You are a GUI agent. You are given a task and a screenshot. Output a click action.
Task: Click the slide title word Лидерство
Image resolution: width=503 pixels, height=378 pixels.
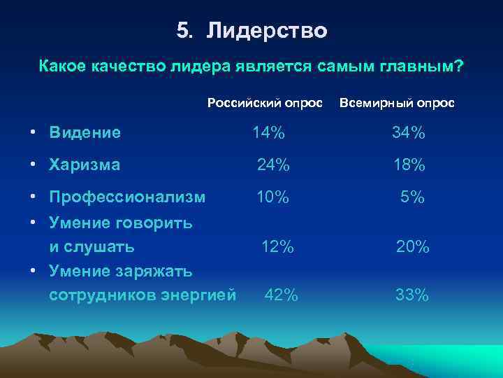268,31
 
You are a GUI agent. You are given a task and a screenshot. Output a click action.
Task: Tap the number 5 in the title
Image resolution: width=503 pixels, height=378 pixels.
183,31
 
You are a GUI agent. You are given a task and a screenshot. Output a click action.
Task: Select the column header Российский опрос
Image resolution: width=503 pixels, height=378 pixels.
265,103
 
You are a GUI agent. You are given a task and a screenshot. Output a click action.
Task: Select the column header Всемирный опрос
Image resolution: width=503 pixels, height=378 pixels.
396,103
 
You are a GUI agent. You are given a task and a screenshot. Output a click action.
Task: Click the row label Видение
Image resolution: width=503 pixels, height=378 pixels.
85,132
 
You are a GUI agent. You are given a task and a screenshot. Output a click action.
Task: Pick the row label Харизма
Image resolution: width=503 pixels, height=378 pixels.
85,165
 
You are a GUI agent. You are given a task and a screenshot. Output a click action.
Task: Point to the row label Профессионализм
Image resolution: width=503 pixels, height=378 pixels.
127,197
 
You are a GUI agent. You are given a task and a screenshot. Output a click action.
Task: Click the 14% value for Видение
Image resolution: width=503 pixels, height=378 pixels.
268,132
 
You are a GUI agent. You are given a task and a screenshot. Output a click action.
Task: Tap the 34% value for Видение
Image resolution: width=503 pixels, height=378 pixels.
409,132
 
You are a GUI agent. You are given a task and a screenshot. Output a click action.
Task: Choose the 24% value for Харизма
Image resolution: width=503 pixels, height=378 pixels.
273,165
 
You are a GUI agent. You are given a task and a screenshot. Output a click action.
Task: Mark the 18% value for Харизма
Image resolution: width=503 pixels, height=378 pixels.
409,165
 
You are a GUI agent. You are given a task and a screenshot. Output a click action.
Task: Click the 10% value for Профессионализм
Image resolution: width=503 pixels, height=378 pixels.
272,197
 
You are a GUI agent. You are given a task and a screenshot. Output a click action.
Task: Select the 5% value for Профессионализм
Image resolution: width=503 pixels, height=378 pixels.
412,197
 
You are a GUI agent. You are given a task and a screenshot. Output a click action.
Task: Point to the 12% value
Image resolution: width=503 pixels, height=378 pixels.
277,246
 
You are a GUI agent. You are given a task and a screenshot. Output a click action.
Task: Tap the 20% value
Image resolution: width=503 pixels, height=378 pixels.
412,246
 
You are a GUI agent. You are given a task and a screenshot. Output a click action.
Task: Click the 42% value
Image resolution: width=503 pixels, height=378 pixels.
281,295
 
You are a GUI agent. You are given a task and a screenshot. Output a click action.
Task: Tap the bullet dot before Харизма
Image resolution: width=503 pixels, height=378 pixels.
34,165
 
